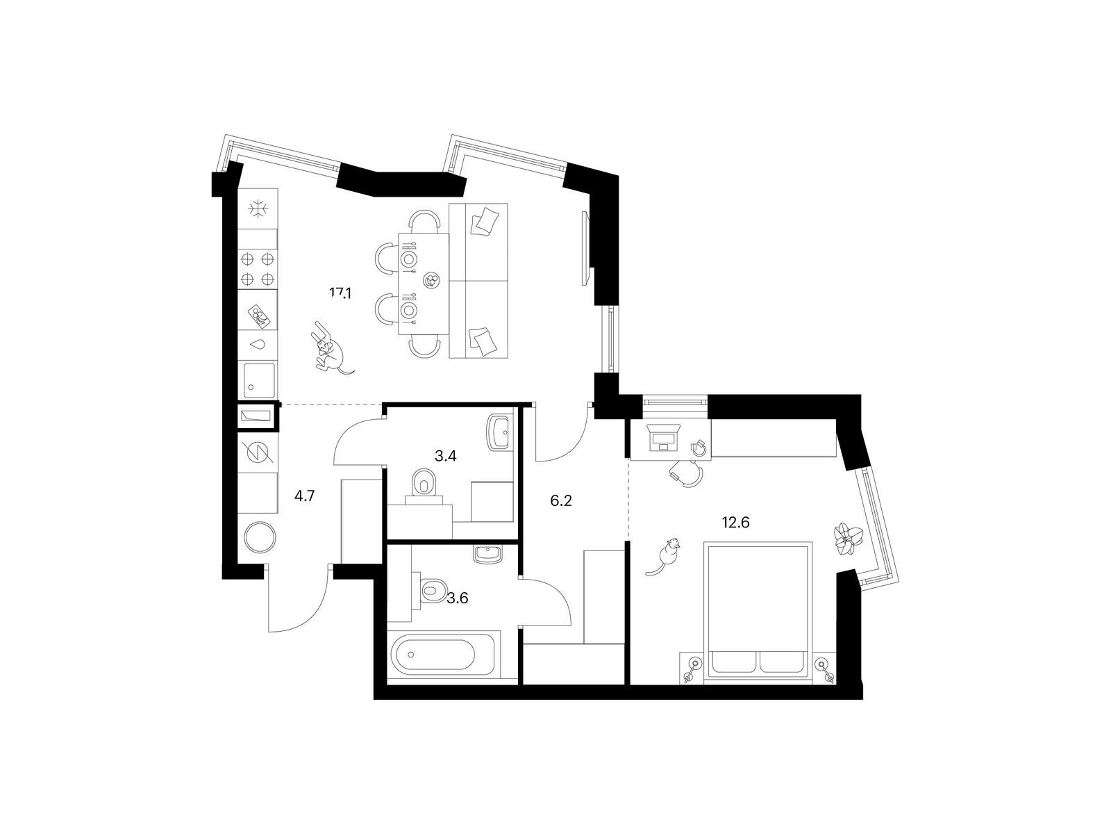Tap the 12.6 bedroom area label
[x=735, y=522]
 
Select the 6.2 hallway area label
[x=561, y=501]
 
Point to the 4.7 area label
[x=305, y=496]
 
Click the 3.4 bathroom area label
[x=445, y=456]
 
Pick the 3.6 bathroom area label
[x=458, y=598]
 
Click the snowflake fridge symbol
[x=258, y=208]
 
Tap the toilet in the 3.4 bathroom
[x=423, y=482]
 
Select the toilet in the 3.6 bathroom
[x=432, y=589]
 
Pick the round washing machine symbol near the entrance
[x=260, y=537]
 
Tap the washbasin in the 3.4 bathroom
[x=500, y=432]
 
